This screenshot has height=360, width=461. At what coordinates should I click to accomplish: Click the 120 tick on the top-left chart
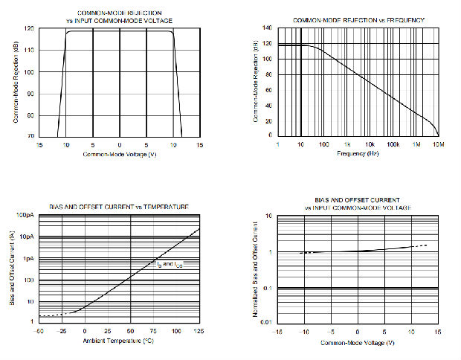[x=29, y=29]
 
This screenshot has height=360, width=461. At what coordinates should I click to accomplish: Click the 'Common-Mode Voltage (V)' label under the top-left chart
[x=119, y=154]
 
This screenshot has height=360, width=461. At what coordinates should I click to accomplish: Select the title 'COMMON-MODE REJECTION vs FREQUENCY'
[x=358, y=19]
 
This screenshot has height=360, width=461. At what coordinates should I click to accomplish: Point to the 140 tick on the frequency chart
[x=267, y=28]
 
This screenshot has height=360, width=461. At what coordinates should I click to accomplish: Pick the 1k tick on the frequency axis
[x=346, y=144]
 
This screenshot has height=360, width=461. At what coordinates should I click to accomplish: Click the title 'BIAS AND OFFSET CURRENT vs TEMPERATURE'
[x=119, y=206]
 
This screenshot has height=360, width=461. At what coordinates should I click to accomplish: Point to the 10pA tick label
[x=26, y=237]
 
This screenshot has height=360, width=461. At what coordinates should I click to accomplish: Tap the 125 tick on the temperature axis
[x=199, y=330]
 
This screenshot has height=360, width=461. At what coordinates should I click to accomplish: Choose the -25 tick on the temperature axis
[x=62, y=330]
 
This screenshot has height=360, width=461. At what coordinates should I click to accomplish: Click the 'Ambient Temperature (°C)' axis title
[x=119, y=340]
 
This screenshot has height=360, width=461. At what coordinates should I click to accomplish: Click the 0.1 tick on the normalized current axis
[x=268, y=288]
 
